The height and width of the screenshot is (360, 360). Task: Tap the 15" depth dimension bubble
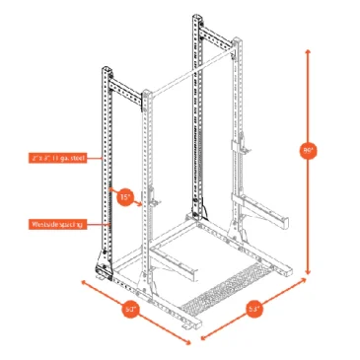[x=125, y=196]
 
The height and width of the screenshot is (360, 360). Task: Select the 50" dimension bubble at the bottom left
[x=130, y=309]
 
